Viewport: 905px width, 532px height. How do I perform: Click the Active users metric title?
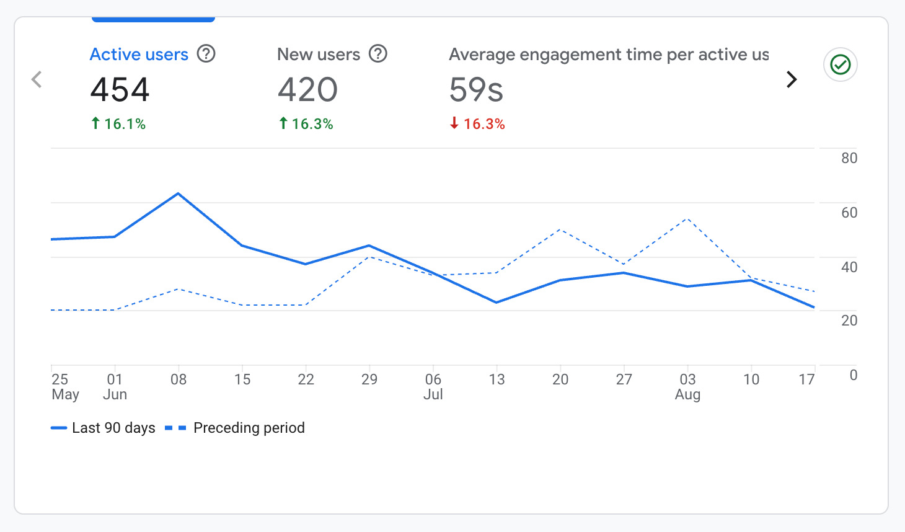[x=139, y=55]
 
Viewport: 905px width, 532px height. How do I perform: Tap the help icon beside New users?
[x=377, y=54]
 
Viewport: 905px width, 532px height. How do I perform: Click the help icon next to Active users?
[x=206, y=54]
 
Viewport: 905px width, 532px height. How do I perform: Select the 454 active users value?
[x=120, y=89]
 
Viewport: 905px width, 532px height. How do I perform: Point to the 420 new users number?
[x=307, y=89]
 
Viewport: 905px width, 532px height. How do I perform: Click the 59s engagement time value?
[x=475, y=89]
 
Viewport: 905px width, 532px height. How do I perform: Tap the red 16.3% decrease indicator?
[x=477, y=124]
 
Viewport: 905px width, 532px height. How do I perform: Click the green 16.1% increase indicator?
[x=118, y=124]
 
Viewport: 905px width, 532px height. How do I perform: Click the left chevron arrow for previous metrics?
[x=37, y=79]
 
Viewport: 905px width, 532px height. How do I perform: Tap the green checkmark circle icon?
[x=840, y=64]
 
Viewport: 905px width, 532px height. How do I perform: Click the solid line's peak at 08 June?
[x=179, y=193]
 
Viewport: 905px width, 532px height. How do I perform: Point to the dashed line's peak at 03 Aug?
[x=687, y=219]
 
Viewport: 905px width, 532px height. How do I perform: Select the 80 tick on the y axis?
[x=849, y=158]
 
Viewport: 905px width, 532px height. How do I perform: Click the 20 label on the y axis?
[x=849, y=321]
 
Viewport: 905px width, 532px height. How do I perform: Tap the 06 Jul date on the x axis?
[x=433, y=386]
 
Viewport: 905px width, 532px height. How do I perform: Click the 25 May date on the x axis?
[x=64, y=386]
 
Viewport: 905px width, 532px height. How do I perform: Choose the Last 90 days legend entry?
[x=104, y=428]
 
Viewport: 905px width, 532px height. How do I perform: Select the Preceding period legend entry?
[x=236, y=428]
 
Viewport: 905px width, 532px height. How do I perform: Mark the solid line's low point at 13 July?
[x=497, y=303]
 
